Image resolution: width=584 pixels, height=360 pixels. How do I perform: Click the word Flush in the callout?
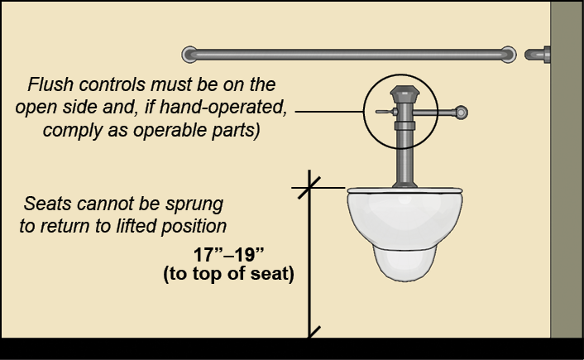point(49,85)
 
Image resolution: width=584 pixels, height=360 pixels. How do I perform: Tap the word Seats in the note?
point(45,204)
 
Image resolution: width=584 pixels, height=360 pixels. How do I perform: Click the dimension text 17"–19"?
point(229,255)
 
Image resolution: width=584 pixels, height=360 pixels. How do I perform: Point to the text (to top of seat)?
point(229,275)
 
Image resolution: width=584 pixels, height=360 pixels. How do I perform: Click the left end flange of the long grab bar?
point(189,55)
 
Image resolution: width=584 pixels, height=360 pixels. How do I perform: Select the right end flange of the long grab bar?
point(508,55)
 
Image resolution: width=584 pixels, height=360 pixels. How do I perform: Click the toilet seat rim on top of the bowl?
point(403,189)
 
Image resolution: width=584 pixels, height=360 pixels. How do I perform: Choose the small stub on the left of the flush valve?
point(382,111)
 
